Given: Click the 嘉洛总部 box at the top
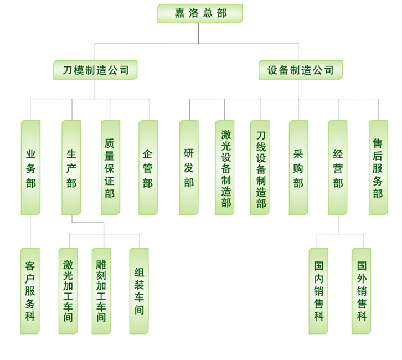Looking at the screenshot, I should pos(200,13).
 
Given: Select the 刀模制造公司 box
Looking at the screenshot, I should pos(95,70).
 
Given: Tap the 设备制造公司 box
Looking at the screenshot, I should pos(300,70).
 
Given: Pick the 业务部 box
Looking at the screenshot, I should pos(30,167).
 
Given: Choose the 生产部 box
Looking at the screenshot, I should pos(71,167).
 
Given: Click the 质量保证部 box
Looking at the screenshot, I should pos(110,167).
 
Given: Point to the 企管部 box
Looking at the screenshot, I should pos(148,167).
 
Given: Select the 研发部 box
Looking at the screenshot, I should pos(189,167).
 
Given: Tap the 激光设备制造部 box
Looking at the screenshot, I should pos(224,167).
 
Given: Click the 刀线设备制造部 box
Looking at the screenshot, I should pos(260,167).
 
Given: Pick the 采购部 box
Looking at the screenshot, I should pos(298,167).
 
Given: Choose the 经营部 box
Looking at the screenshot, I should pos(338,167).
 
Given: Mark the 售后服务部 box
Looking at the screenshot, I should pos(378,167).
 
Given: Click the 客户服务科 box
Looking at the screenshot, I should pos(30,291).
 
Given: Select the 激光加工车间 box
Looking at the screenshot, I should pos(68,291).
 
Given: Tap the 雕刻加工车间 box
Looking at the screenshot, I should pos(101,291).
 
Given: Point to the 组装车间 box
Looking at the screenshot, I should pos(139,291).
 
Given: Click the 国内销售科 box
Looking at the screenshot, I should pos(318,291).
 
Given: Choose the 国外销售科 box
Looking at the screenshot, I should pos(361,291).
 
